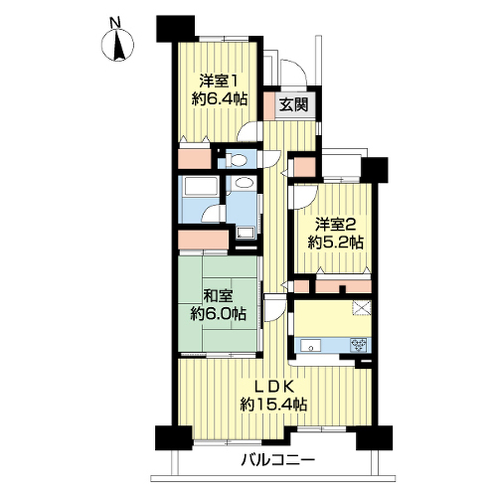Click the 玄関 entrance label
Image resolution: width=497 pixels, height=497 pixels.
[x=294, y=104]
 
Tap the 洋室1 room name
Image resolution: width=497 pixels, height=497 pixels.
[x=219, y=81]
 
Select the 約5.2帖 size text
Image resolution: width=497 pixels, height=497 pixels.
[x=335, y=243]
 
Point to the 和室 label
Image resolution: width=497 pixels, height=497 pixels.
[x=218, y=296]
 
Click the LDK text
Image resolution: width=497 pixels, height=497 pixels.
[x=273, y=387]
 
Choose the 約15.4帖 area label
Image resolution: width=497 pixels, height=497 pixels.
[x=273, y=405]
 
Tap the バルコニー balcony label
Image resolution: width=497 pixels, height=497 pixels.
[x=277, y=460]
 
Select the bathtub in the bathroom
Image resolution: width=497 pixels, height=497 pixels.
[x=198, y=186]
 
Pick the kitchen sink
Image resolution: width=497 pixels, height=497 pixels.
[x=310, y=346]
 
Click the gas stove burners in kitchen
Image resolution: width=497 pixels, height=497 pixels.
[x=360, y=345]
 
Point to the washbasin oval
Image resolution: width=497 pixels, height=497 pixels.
[x=244, y=183]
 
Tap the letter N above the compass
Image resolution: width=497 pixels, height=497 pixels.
[x=115, y=23]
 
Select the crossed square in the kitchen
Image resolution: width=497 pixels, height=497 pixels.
[x=362, y=308]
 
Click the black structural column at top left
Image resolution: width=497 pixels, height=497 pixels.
[x=175, y=28]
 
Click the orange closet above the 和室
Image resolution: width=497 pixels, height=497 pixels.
[x=203, y=240]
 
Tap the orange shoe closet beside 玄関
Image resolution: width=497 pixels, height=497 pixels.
[x=269, y=106]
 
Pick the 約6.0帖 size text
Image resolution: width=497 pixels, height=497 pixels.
[x=218, y=313]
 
